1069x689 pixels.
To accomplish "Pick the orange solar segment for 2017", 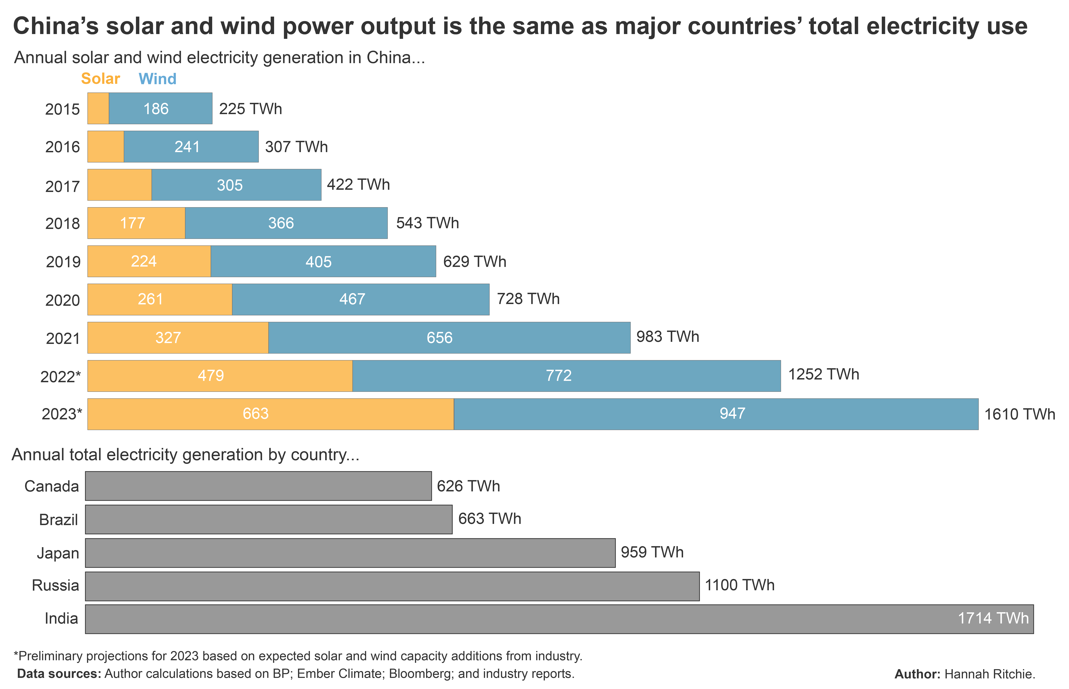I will coord(119,185).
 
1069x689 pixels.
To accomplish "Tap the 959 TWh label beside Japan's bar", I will coord(652,552).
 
